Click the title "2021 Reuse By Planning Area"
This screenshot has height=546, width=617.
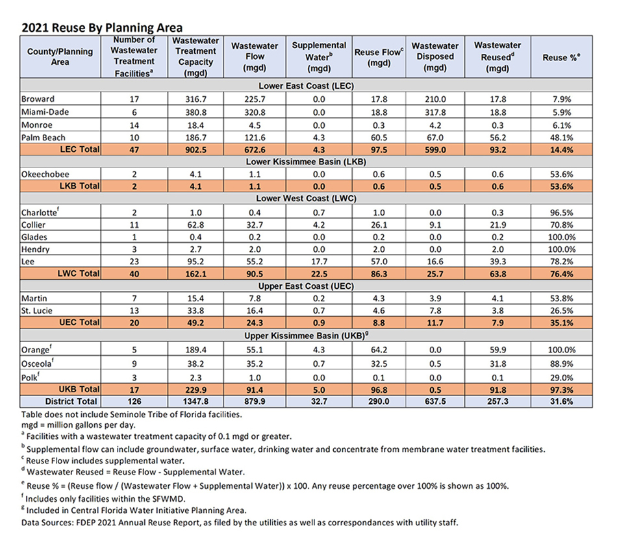[x=102, y=27]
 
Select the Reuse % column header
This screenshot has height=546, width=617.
[x=561, y=57]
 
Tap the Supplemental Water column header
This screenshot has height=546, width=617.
[x=319, y=56]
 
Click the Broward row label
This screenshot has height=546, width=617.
[x=38, y=99]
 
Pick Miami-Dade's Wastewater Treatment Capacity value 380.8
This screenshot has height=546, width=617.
[x=196, y=112]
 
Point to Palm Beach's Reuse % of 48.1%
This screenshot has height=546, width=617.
[x=562, y=138]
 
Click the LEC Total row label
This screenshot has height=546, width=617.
[x=80, y=149]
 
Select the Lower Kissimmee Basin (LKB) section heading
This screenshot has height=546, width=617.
[x=306, y=162]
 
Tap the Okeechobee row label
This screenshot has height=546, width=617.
[x=45, y=174]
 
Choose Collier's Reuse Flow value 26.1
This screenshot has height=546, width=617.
[x=379, y=225]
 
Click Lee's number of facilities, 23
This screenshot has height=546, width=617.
[x=134, y=262]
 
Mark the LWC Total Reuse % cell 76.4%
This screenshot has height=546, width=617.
[x=562, y=274]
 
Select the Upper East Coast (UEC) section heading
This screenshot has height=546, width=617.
[x=306, y=286]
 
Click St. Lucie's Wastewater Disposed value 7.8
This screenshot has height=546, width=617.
[x=435, y=311]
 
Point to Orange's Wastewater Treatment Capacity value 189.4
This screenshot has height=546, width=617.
[x=196, y=350]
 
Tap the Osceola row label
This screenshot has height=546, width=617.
[x=38, y=364]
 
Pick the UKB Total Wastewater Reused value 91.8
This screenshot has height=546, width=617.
[x=497, y=390]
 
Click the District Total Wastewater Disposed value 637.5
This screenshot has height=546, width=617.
[x=435, y=402]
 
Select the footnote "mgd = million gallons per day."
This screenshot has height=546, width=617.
[x=79, y=425]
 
